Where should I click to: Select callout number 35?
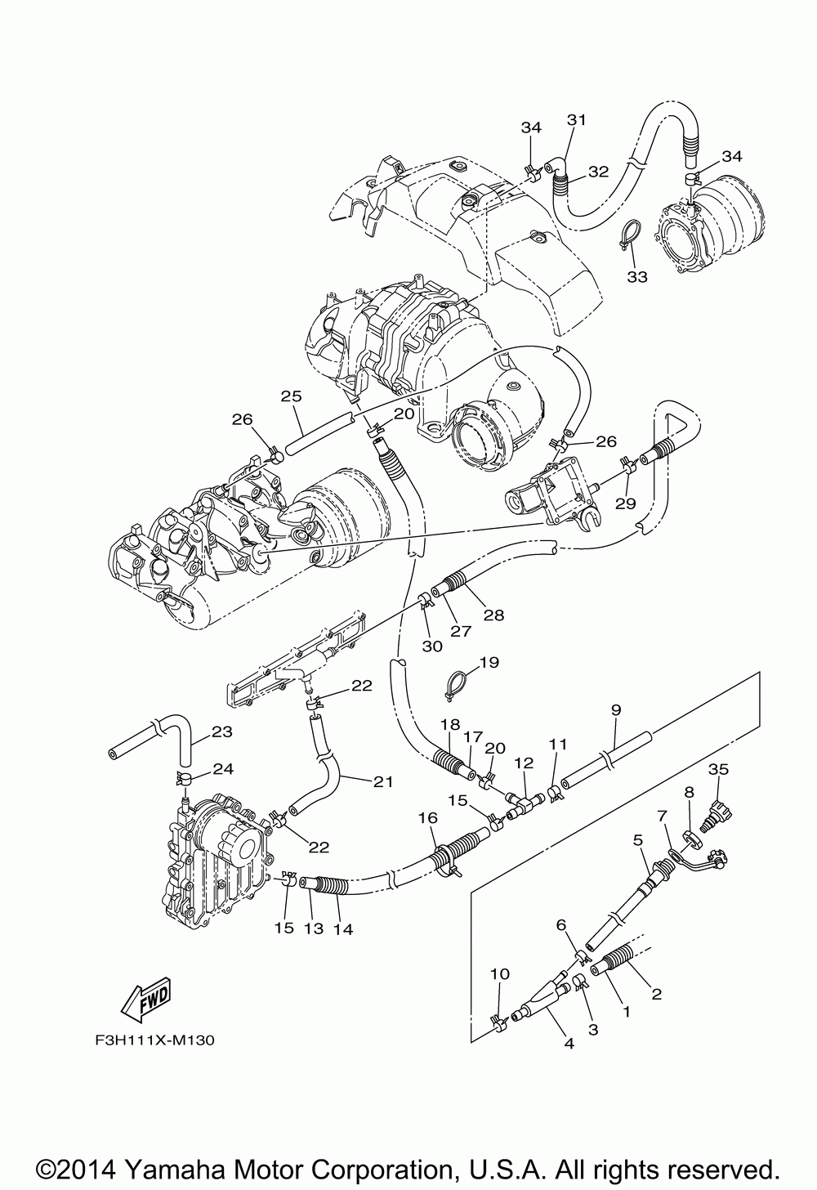(x=718, y=769)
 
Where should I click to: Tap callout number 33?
(x=637, y=277)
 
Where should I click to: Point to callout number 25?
(x=292, y=396)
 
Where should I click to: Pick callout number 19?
(x=489, y=662)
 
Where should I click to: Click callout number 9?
(x=616, y=711)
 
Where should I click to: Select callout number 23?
(x=222, y=732)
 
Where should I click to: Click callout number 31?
(x=578, y=120)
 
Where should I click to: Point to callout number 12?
(x=524, y=763)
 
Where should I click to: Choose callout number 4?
(x=569, y=1043)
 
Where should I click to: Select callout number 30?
(x=432, y=646)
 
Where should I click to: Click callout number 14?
(x=343, y=929)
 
